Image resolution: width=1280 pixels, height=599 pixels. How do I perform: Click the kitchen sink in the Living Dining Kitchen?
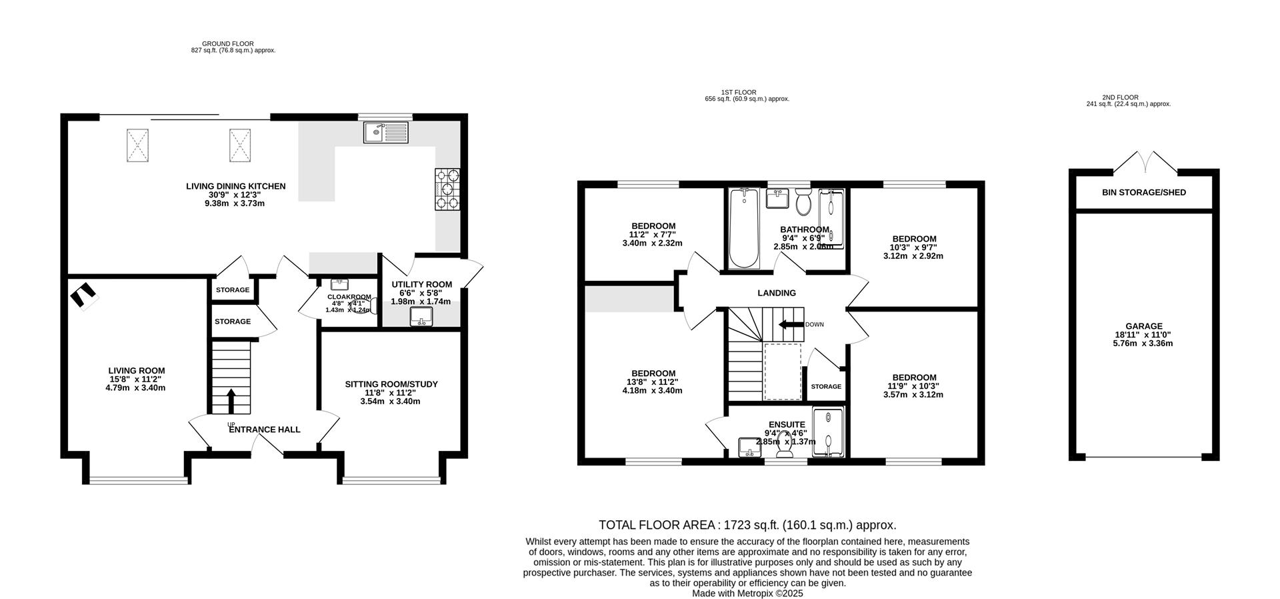pyautogui.click(x=385, y=132)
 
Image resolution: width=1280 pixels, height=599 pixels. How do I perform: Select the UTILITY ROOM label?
pyautogui.click(x=421, y=284)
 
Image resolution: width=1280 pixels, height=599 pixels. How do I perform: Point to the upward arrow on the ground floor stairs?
pyautogui.click(x=231, y=401)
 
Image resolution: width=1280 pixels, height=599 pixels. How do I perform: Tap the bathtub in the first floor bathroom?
pyautogui.click(x=744, y=227)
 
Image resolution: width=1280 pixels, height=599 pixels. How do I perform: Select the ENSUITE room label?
pyautogui.click(x=787, y=424)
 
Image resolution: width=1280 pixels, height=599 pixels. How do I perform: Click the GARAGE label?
pyautogui.click(x=1144, y=326)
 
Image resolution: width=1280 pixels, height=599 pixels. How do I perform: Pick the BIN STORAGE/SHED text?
pyautogui.click(x=1144, y=192)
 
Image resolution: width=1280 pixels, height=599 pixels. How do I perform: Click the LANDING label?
pyautogui.click(x=777, y=293)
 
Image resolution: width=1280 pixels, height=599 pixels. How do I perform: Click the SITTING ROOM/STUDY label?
pyautogui.click(x=391, y=384)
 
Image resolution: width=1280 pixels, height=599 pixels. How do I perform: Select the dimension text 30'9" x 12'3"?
pyautogui.click(x=235, y=195)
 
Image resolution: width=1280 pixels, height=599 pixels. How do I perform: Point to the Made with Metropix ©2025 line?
pyautogui.click(x=747, y=593)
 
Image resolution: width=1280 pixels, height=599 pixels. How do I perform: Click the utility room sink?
pyautogui.click(x=421, y=316)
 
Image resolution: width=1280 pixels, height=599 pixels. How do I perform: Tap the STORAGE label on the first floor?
pyautogui.click(x=826, y=386)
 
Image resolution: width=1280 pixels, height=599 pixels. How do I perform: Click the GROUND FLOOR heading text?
pyautogui.click(x=228, y=43)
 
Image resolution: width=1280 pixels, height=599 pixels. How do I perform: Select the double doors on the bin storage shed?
pyautogui.click(x=1144, y=162)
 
